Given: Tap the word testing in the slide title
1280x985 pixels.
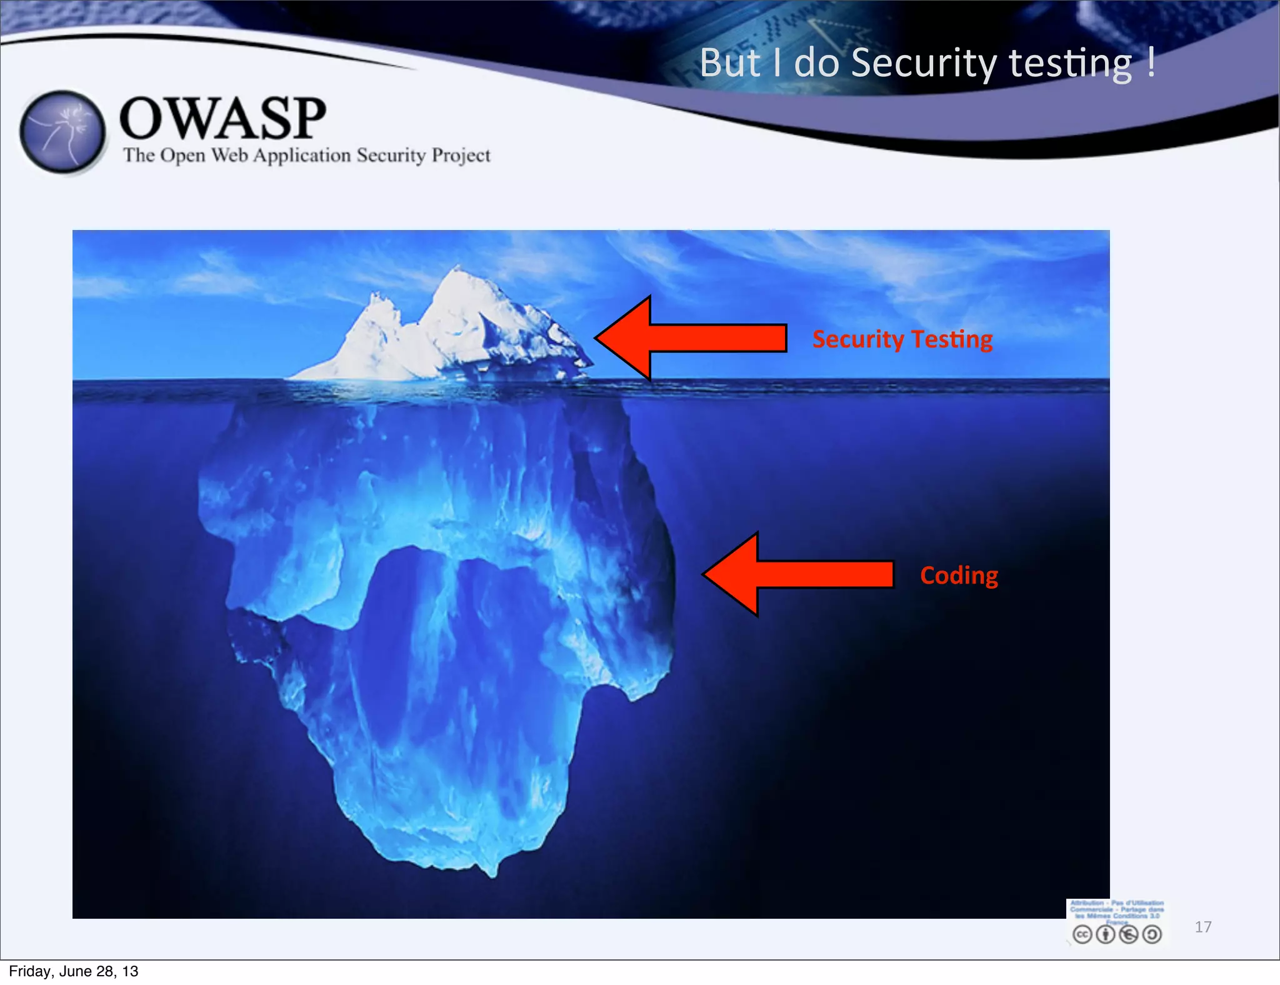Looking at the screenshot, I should pos(1070,64).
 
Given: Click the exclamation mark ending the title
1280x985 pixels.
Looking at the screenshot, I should pos(1151,62).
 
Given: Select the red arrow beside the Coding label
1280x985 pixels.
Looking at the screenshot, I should pos(797,574).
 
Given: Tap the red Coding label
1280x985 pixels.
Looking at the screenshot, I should pos(959,575).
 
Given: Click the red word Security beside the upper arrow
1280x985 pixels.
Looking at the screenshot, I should pos(858,339).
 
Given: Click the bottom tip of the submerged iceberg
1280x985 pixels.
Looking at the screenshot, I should pos(494,872).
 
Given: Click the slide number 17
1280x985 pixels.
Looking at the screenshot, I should pos(1202,927).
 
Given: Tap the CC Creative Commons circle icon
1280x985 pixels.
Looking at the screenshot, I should pos(1082,934).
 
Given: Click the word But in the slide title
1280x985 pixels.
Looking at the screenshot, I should pos(729,63).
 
